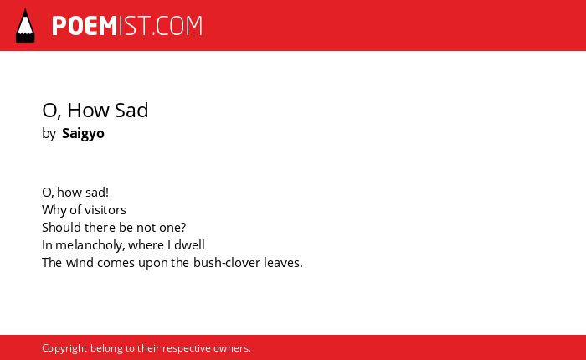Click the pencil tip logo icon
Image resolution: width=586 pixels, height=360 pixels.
point(25,25)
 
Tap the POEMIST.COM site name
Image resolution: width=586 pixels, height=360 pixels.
point(127,26)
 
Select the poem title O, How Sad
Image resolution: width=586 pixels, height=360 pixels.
point(95,110)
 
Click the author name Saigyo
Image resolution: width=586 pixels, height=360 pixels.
point(83,133)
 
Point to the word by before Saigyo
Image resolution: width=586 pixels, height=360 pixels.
point(49,134)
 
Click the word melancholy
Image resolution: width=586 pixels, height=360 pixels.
point(90,245)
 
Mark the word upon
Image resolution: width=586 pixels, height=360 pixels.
point(153,264)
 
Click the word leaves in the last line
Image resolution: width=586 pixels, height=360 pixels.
point(283,262)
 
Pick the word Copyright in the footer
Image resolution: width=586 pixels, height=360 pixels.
point(64,348)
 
